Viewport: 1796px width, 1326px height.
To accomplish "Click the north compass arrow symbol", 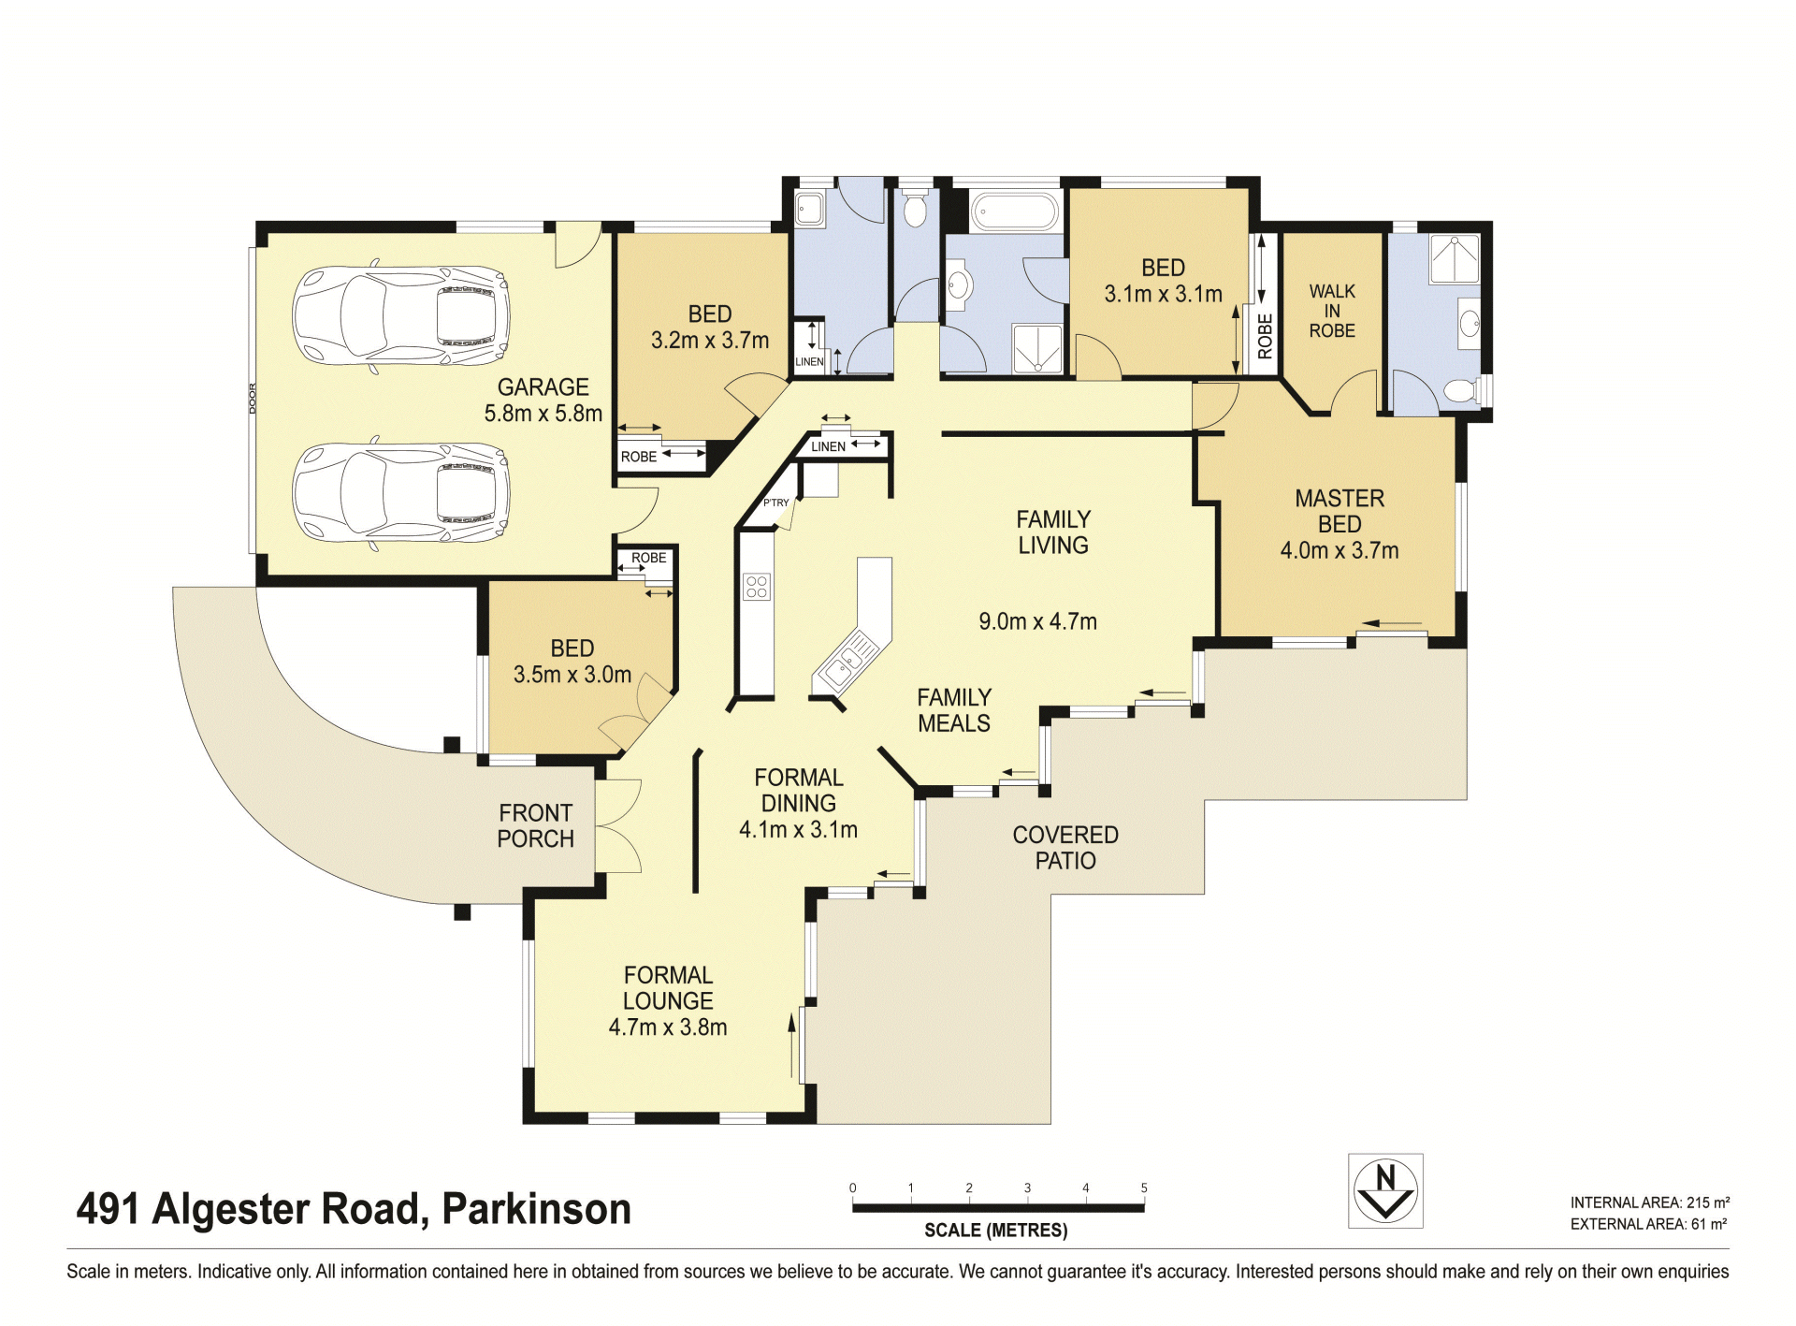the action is (x=1385, y=1190).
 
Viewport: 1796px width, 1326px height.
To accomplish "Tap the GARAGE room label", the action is (x=543, y=387).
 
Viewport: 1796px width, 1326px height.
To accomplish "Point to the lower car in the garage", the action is (x=401, y=490).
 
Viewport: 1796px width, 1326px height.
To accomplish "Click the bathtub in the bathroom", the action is (x=1014, y=211).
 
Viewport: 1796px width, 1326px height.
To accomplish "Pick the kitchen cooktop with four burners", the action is (x=757, y=587).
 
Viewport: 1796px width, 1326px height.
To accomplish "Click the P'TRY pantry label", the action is (x=775, y=503).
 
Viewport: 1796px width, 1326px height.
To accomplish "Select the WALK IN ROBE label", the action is (x=1332, y=311).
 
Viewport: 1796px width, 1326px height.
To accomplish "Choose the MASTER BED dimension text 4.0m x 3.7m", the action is (x=1340, y=550).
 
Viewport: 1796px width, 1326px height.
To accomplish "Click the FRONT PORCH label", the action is (x=535, y=825).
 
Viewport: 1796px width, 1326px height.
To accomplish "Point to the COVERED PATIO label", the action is (x=1065, y=847).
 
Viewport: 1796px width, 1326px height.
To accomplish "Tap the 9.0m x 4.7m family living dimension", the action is (x=1037, y=621).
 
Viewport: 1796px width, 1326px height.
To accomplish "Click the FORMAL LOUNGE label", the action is (x=668, y=987).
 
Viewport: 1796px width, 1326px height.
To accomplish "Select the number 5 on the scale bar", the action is (x=1144, y=1188).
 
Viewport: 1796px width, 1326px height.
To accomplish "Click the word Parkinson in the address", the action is (x=536, y=1208).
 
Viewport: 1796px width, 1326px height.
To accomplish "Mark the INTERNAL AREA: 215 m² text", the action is (x=1649, y=1202).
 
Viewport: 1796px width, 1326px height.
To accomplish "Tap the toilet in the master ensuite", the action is (x=1460, y=389).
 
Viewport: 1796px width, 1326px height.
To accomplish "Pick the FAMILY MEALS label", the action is (x=954, y=710).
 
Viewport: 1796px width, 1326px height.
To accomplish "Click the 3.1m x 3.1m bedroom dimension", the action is (x=1163, y=294).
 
